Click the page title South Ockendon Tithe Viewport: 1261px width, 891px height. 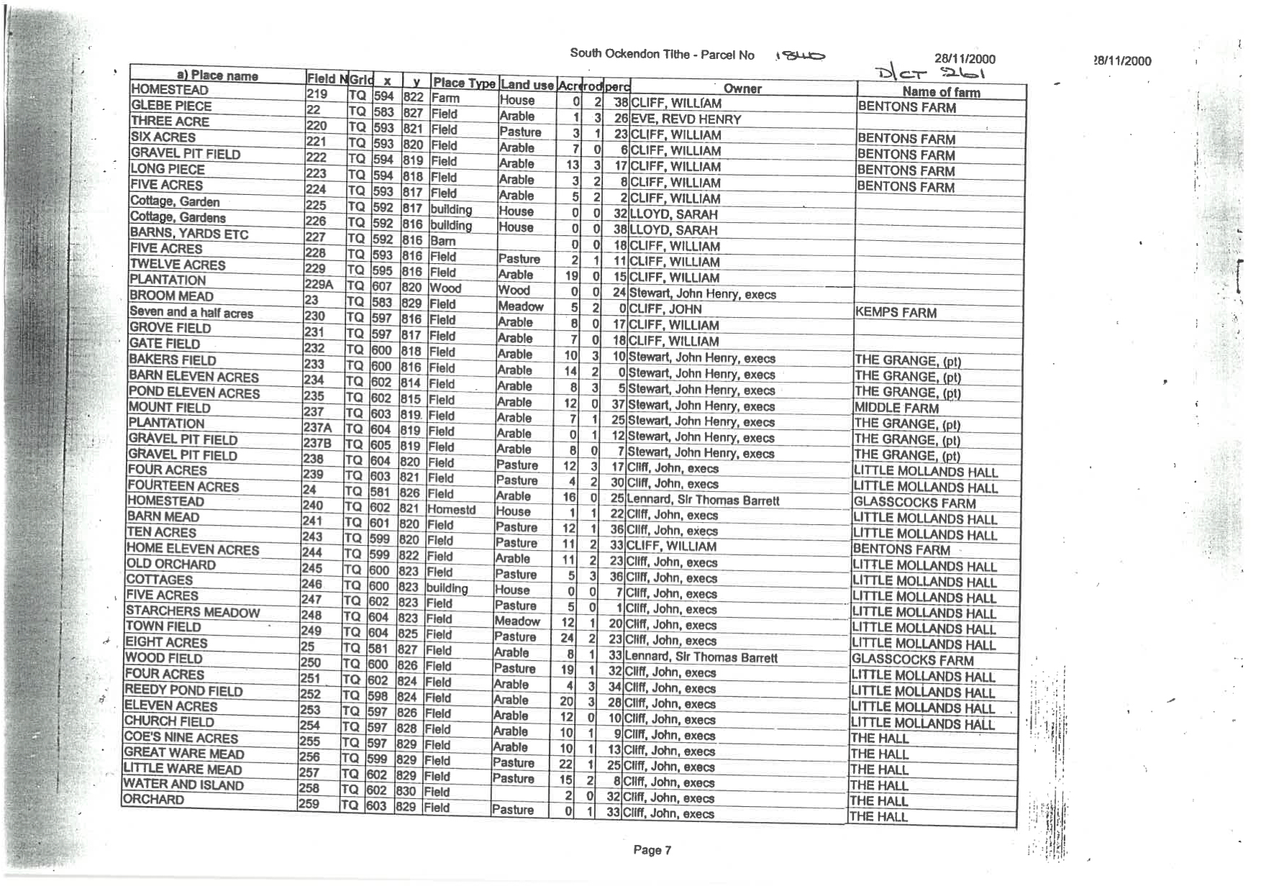662,54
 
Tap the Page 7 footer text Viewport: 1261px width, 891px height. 652,850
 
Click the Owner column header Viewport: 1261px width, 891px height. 742,88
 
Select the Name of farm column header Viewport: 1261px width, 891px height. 941,91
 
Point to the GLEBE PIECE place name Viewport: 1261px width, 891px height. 171,105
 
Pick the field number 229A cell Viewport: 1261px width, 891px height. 319,284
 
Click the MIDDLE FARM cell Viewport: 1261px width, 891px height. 896,407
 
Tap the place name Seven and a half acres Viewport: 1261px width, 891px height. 191,312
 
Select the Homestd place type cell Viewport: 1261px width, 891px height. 451,509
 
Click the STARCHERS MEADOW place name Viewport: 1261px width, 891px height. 192,611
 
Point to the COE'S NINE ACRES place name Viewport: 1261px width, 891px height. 181,737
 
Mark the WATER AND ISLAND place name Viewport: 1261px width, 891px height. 183,784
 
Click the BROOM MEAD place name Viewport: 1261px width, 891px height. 171,296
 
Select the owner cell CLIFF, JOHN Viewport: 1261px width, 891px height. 665,309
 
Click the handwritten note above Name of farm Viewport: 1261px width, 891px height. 929,72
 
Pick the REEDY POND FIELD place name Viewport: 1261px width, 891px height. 183,690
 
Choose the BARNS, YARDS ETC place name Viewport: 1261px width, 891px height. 188,233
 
